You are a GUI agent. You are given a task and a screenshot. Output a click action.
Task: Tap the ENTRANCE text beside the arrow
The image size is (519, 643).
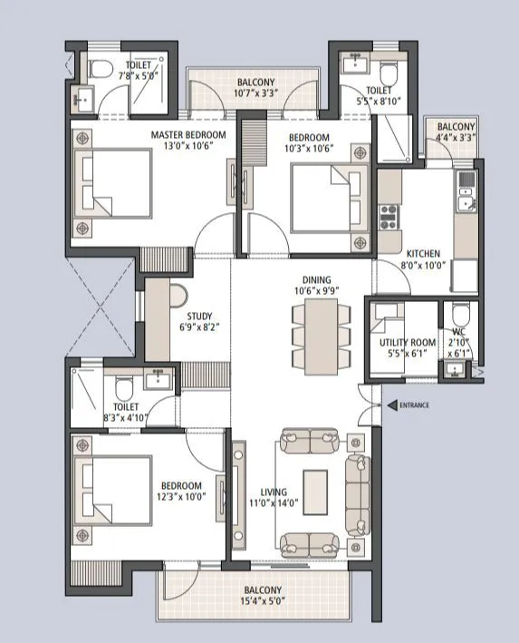(414, 405)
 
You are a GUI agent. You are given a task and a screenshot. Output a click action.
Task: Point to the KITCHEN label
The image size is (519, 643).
(422, 253)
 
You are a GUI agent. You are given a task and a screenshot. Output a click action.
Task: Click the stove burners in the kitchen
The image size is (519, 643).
(389, 216)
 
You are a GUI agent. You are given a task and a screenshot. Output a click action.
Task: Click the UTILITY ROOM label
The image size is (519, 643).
(408, 343)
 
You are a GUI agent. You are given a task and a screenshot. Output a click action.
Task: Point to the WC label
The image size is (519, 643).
(458, 343)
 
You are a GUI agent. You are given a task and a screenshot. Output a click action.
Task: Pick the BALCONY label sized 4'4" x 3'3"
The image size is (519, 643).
(456, 127)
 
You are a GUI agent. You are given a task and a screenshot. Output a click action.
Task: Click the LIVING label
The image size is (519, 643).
(274, 492)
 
